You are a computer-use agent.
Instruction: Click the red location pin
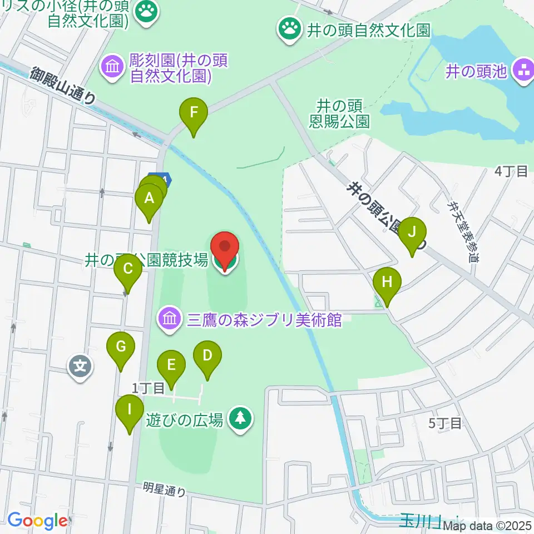click(x=225, y=249)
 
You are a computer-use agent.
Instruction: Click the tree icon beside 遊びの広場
click(x=241, y=419)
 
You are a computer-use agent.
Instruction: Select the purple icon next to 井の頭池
click(x=523, y=71)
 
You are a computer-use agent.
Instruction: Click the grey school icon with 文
click(x=80, y=367)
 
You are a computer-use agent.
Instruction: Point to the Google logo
click(x=37, y=521)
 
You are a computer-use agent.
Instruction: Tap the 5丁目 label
click(x=445, y=423)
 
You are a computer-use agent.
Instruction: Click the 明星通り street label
click(x=164, y=489)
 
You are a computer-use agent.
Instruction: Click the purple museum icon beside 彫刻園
click(x=112, y=68)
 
